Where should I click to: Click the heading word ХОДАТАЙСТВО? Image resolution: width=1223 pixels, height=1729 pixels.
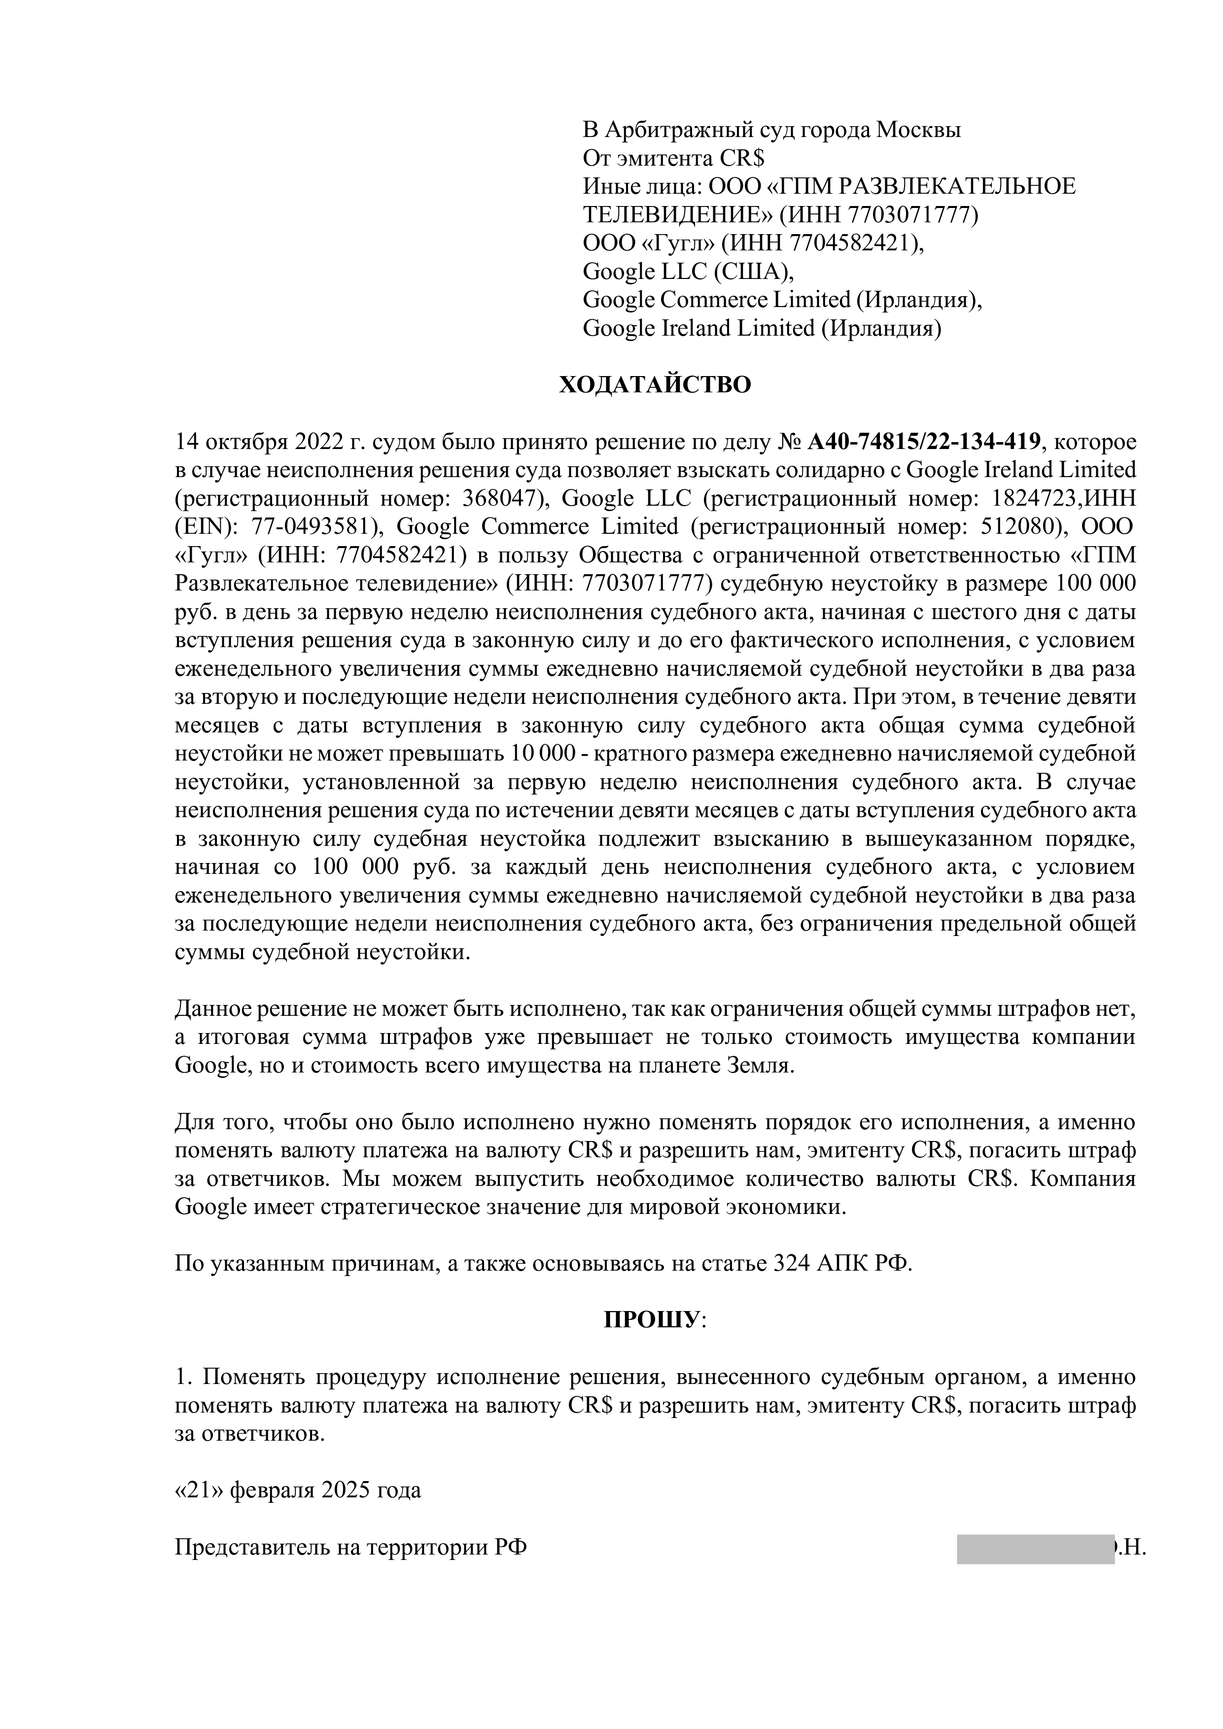[655, 385]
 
